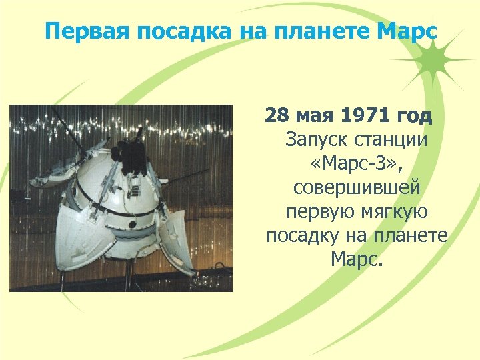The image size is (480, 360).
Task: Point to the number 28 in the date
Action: pyautogui.click(x=275, y=117)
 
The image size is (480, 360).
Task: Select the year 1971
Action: pyautogui.click(x=363, y=117)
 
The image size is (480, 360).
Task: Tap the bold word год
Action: pyautogui.click(x=415, y=117)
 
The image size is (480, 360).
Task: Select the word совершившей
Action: pyautogui.click(x=356, y=188)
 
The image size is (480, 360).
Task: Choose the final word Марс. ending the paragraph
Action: pyautogui.click(x=356, y=259)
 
